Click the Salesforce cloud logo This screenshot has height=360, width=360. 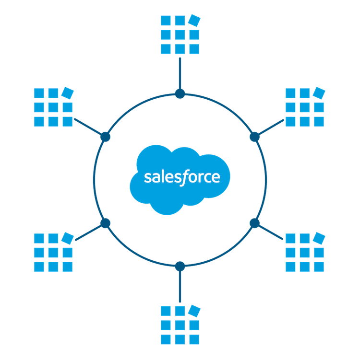[180, 180]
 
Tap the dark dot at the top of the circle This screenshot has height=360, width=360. [180, 93]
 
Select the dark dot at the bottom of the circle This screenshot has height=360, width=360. [180, 267]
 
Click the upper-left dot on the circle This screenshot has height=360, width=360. [105, 137]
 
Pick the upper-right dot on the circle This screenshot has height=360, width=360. [255, 137]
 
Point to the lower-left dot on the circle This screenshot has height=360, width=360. [105, 223]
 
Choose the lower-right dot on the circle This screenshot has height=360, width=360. [255, 223]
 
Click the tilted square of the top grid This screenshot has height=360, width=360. [194, 21]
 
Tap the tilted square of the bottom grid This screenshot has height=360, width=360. [194, 311]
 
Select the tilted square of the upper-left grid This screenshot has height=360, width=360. [68, 93]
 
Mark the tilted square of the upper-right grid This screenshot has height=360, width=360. [319, 93]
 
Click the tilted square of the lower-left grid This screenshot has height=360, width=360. [68, 238]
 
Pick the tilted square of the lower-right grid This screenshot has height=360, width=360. [319, 238]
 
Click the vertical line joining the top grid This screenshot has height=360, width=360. [180, 73]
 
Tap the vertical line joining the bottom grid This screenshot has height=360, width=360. [180, 286]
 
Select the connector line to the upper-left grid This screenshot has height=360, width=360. [88, 127]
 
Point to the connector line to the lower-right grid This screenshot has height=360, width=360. [270, 232]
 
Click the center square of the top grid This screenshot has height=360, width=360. [180, 35]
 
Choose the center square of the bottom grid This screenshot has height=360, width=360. [180, 325]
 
